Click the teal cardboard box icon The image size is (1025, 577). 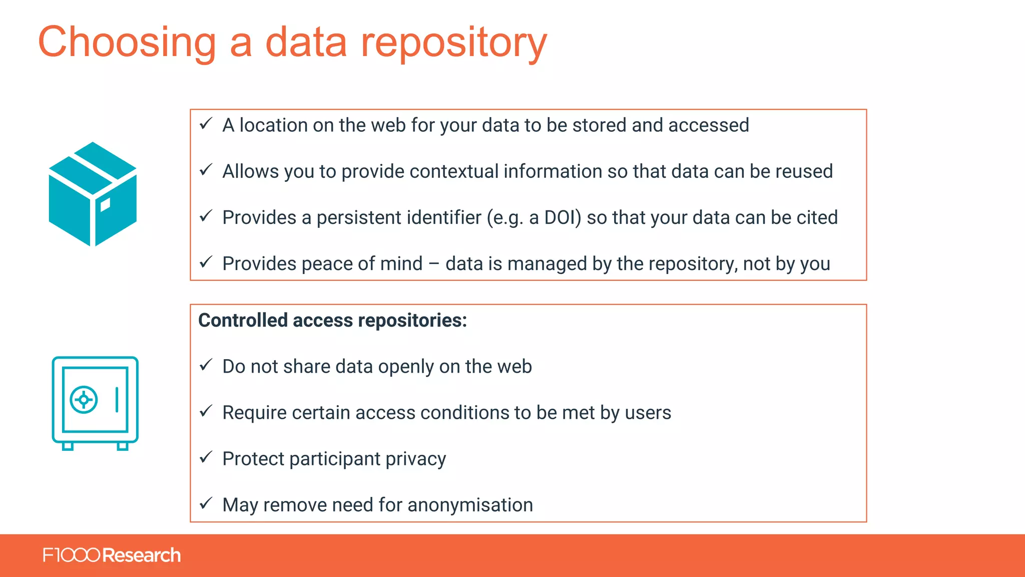(x=93, y=194)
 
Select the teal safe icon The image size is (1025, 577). (x=95, y=403)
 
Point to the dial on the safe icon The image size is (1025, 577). (x=84, y=400)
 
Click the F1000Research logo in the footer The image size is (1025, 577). (x=112, y=555)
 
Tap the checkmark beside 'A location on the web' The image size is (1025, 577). (x=206, y=124)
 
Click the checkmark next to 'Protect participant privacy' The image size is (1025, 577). (x=206, y=457)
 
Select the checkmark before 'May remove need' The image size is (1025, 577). (x=206, y=503)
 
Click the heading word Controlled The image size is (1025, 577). (x=243, y=321)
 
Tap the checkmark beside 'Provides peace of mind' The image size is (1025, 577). (x=206, y=262)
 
